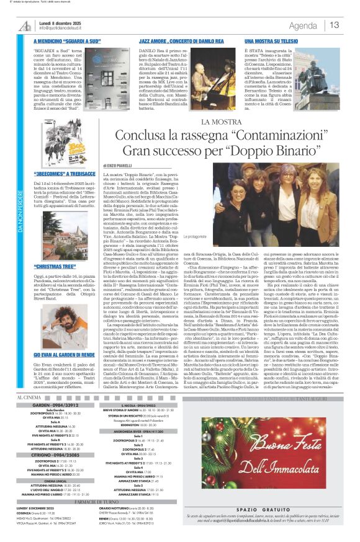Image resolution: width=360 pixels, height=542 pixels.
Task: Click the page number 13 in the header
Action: pyautogui.click(x=335, y=25)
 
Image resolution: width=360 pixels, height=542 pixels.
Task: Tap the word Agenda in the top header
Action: pyautogui.click(x=303, y=25)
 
